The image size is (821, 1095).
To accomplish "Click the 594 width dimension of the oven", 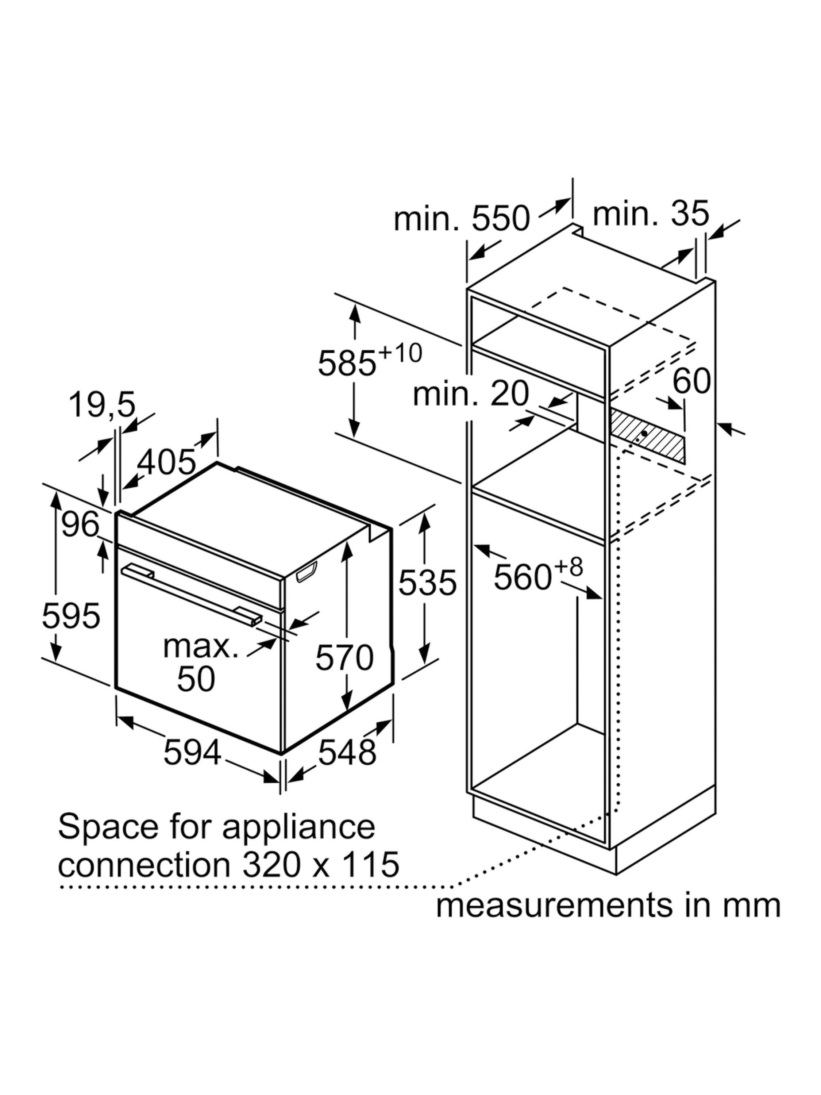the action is pos(192,752).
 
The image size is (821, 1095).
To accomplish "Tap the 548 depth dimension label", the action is pos(347,752).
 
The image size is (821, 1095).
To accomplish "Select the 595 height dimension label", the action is pos(71,616).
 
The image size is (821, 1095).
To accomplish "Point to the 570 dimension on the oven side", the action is pos(344,657).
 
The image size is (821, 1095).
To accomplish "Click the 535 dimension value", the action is pos(427,583).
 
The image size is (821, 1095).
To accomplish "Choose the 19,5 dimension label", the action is pos(101,405).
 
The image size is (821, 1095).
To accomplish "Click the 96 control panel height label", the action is pos(80,525).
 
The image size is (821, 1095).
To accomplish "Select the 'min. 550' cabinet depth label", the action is pos(462,218).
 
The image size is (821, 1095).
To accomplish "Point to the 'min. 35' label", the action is pos(651,214).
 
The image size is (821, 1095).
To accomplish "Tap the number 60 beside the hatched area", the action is pos(691,381).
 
